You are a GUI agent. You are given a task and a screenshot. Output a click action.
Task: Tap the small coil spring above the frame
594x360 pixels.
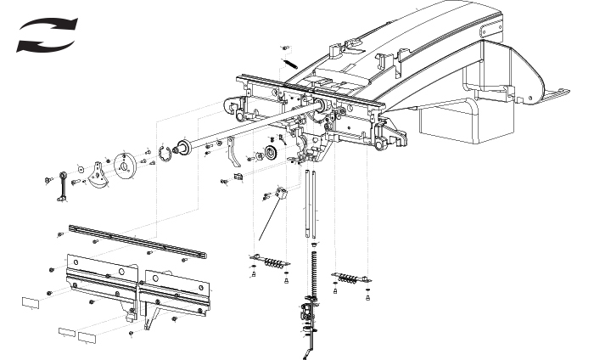click(x=289, y=62)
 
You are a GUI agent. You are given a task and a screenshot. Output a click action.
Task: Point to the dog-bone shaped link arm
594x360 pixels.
click(x=62, y=187)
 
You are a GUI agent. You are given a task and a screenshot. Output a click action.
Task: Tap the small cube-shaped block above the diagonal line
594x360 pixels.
click(x=283, y=194)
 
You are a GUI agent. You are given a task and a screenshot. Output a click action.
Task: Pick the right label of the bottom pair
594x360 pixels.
click(x=88, y=336)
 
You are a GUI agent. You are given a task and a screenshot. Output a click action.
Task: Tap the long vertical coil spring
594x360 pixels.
click(x=314, y=272)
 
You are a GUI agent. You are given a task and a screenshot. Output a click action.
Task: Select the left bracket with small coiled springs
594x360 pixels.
click(x=270, y=262)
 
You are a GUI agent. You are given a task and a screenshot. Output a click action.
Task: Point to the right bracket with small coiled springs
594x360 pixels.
click(x=350, y=277)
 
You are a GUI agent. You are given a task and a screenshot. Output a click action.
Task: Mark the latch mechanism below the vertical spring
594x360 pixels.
click(x=308, y=318)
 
